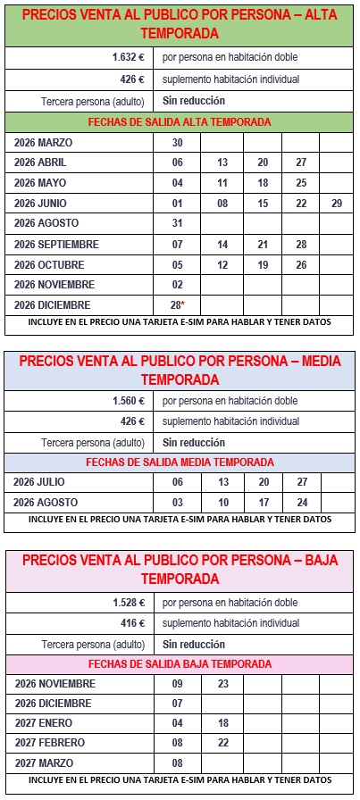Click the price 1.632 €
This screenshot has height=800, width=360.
[x=128, y=57]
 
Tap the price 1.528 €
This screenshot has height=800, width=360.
[x=128, y=603]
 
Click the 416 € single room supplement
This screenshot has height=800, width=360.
[x=131, y=623]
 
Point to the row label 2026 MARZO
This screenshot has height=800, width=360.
[x=43, y=142]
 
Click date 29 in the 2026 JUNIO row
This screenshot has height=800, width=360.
[x=336, y=204]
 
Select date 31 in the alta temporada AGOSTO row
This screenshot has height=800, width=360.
[x=177, y=223]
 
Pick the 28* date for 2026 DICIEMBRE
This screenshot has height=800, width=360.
[x=177, y=304]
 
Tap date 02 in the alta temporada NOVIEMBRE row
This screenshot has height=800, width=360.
[x=177, y=284]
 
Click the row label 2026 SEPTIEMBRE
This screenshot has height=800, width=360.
[x=56, y=244]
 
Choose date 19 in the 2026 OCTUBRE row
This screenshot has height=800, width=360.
[x=262, y=264]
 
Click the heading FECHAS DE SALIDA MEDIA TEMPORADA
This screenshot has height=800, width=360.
[x=180, y=462]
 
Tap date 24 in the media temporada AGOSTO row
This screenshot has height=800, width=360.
[x=302, y=502]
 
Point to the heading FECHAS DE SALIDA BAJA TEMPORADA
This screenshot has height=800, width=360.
[x=180, y=664]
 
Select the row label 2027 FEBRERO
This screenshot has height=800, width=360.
[x=50, y=743]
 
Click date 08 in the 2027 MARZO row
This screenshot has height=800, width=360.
[x=177, y=763]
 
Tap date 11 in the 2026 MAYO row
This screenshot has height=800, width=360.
[x=222, y=183]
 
